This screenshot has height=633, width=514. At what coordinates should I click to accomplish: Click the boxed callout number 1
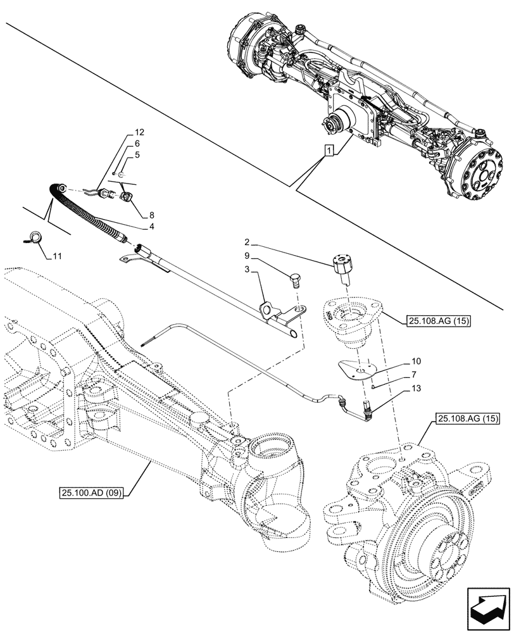(329, 150)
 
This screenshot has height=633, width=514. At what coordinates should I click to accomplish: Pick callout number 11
(57, 256)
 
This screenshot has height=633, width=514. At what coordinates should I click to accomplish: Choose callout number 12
(139, 133)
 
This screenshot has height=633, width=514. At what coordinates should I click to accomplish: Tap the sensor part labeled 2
(343, 267)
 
